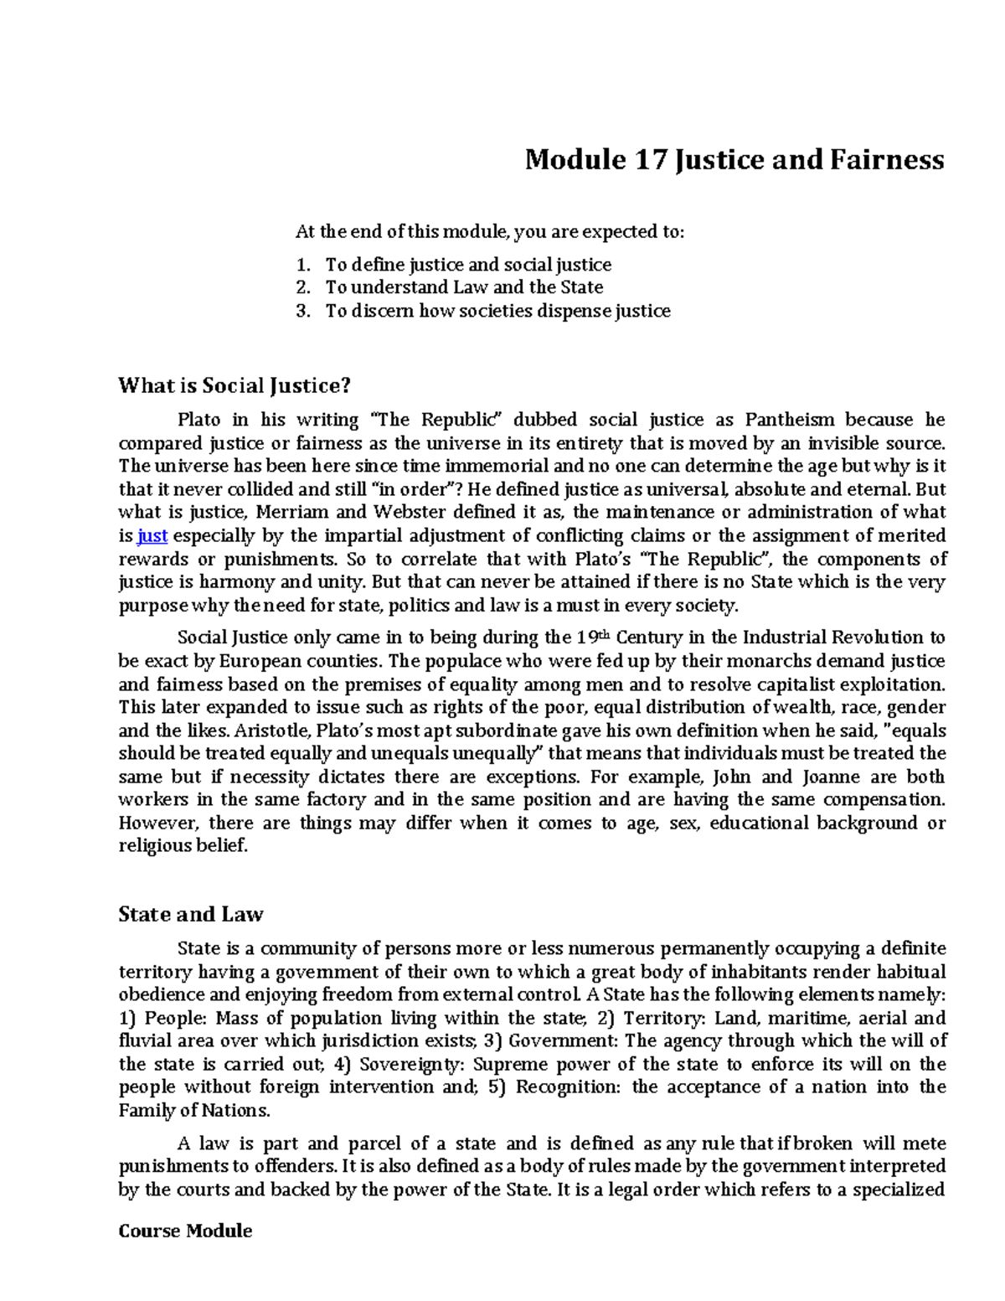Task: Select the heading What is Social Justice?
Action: click(x=234, y=385)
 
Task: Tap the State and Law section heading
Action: click(x=191, y=914)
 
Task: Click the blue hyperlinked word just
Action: click(x=152, y=535)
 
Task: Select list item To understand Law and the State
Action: click(x=464, y=287)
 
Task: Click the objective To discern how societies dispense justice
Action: click(x=497, y=311)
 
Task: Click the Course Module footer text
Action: click(x=185, y=1231)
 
